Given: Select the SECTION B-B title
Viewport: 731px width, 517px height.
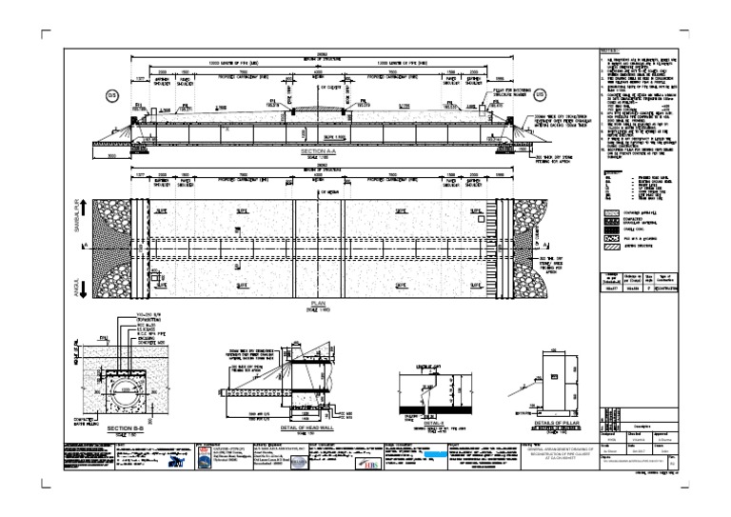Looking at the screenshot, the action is pyautogui.click(x=125, y=428).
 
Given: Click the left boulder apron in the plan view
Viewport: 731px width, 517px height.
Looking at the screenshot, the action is pyautogui.click(x=110, y=244).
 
